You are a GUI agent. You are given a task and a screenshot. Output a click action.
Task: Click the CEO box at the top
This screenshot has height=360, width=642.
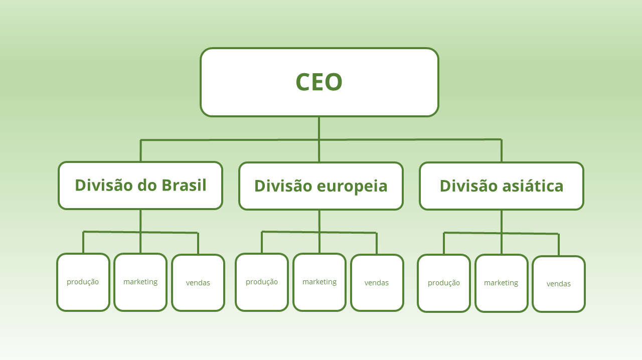(319, 82)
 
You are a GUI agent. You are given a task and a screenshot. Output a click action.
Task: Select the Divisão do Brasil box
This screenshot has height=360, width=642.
(140, 186)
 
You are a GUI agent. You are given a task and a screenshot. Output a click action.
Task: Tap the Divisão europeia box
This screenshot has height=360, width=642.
(321, 186)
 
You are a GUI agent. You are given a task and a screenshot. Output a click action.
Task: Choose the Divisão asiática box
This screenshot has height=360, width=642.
(502, 186)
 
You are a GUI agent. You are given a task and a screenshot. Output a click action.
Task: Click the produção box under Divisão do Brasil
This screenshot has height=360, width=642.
(83, 282)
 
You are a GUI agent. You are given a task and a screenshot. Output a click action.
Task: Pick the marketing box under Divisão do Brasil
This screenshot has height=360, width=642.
(140, 282)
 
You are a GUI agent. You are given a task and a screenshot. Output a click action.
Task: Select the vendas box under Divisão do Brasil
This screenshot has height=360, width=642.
(198, 283)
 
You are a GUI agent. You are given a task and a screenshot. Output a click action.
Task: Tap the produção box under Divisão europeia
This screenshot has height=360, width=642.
(262, 282)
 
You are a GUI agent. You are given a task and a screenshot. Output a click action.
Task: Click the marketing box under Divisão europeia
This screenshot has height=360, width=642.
(319, 282)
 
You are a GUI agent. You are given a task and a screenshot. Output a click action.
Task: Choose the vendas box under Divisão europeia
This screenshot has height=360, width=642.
(377, 283)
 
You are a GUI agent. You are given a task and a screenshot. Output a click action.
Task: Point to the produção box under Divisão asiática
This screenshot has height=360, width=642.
(444, 283)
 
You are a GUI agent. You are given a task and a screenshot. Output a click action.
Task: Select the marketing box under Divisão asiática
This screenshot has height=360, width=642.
(501, 283)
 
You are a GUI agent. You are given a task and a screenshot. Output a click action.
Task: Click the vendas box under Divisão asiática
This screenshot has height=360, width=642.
(559, 284)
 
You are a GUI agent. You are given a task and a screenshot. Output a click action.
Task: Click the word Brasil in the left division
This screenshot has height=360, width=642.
(184, 185)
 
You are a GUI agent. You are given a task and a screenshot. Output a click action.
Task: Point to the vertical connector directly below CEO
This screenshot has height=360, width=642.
(319, 128)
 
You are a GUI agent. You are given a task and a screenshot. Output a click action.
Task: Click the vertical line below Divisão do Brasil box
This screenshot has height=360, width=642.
(140, 221)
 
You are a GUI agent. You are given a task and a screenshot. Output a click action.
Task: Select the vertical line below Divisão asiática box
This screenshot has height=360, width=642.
(502, 221)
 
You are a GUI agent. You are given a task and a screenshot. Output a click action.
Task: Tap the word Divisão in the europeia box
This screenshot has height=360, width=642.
(284, 186)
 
